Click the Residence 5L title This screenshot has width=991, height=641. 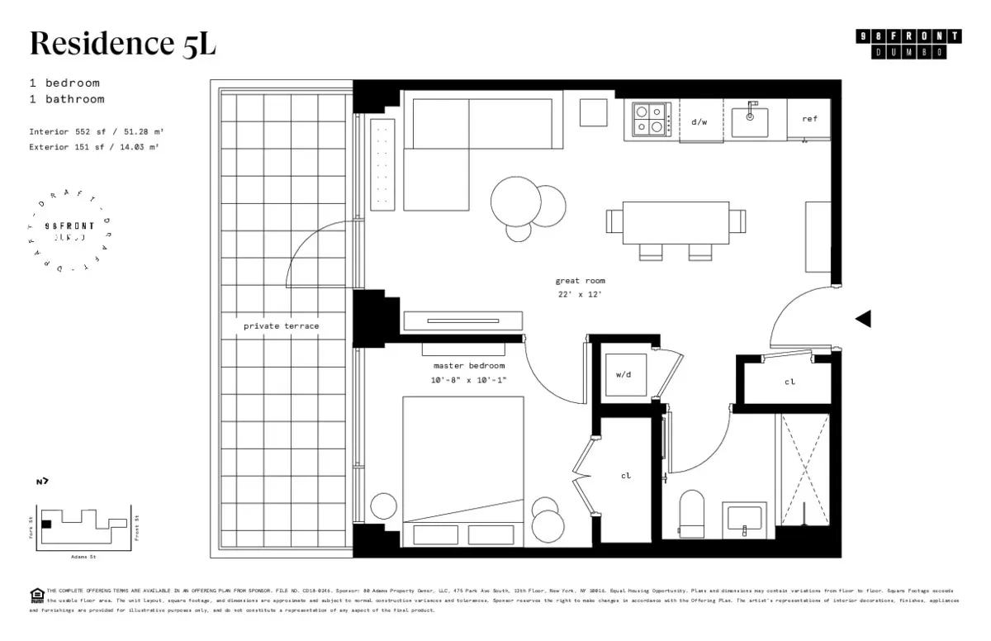[x=123, y=43]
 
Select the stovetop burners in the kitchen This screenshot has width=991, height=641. [x=652, y=118]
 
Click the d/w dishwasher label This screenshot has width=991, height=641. [x=699, y=121]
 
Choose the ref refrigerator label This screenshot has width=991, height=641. [x=809, y=119]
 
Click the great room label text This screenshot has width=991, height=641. [x=580, y=281]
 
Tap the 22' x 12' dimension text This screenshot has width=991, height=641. [x=580, y=294]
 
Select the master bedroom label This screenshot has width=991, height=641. [x=468, y=365]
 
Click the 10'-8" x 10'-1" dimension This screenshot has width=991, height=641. [x=468, y=379]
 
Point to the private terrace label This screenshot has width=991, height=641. [x=281, y=325]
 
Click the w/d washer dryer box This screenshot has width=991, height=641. [x=624, y=374]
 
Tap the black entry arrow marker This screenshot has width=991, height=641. [x=863, y=319]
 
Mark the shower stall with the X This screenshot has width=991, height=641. [x=804, y=469]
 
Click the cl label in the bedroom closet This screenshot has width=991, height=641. [x=625, y=476]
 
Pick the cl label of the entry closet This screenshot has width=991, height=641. [x=789, y=382]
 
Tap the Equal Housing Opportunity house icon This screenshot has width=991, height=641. [x=36, y=595]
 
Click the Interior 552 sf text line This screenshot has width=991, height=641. [x=90, y=131]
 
